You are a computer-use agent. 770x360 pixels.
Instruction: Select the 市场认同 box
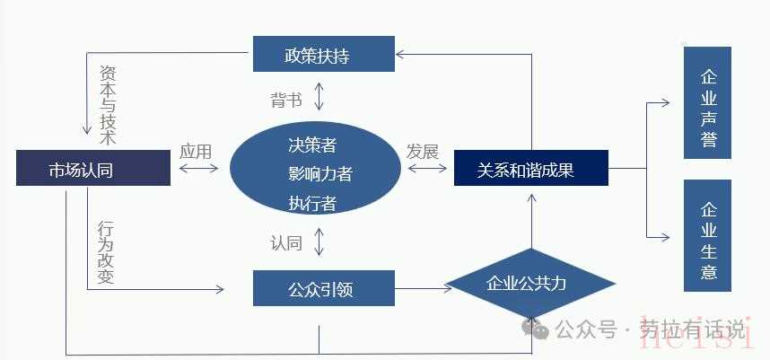tap(93, 169)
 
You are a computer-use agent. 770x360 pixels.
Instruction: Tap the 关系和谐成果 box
tap(530, 169)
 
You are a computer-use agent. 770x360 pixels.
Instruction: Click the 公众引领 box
tap(323, 288)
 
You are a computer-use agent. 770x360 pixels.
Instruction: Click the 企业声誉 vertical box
tap(707, 102)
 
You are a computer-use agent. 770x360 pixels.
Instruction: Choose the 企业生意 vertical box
tap(707, 236)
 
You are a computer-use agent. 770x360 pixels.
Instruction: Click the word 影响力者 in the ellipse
tap(319, 173)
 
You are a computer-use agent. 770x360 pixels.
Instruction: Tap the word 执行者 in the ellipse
tap(312, 203)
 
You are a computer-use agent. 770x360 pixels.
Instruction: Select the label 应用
tap(196, 151)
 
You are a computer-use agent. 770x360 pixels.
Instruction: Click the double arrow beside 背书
tap(319, 95)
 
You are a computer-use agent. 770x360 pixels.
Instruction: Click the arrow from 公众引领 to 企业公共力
tap(423, 288)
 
